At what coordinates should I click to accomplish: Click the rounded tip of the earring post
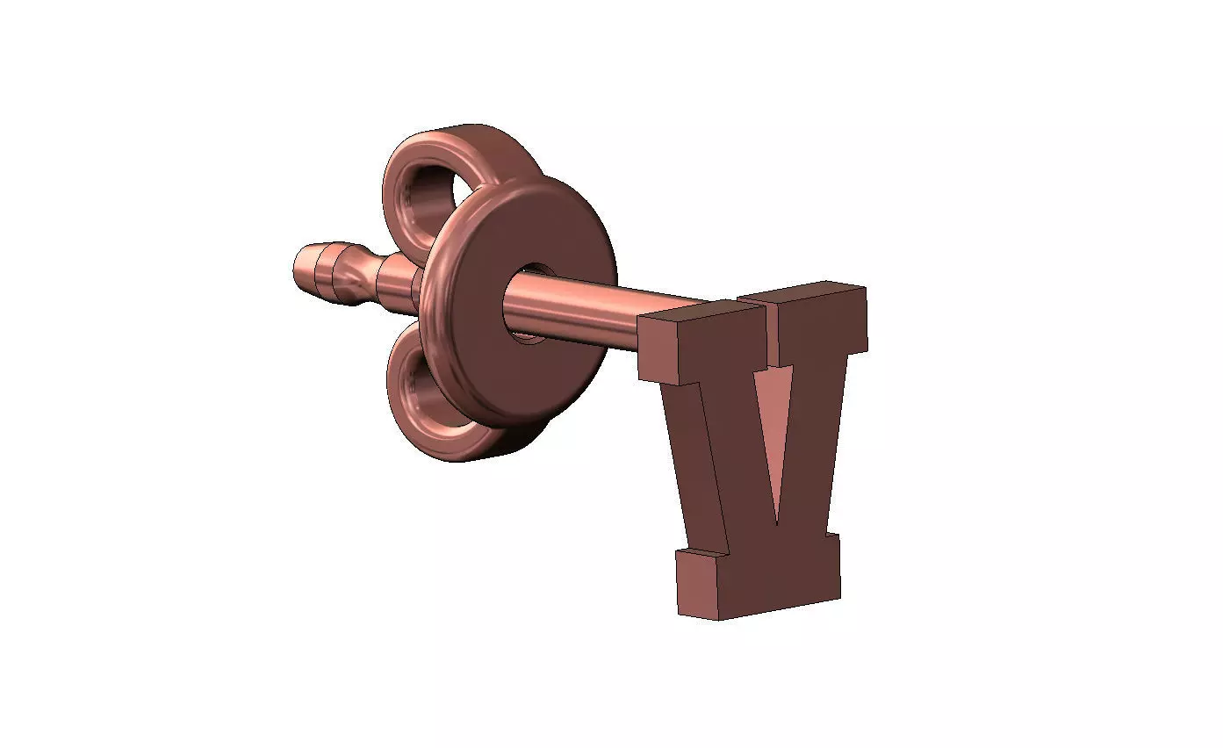click(300, 269)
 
